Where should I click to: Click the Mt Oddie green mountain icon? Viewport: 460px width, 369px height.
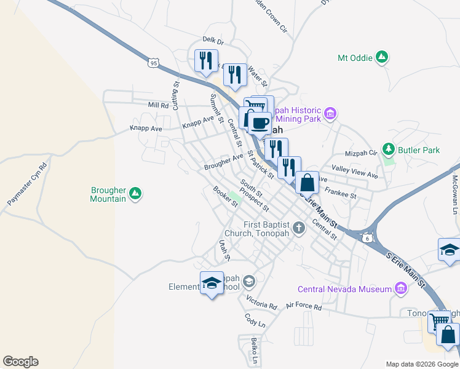pyautogui.click(x=382, y=58)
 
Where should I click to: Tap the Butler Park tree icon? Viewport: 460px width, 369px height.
pyautogui.click(x=388, y=149)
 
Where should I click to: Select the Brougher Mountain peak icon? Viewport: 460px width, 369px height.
pyautogui.click(x=135, y=194)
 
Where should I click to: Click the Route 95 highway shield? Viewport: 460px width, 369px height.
pyautogui.click(x=154, y=61)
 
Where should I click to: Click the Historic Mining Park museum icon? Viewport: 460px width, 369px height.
pyautogui.click(x=331, y=113)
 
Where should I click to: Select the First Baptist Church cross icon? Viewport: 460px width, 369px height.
pyautogui.click(x=299, y=228)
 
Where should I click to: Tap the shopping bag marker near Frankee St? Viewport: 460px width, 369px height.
pyautogui.click(x=307, y=183)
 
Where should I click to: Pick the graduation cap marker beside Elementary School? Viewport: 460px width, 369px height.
pyautogui.click(x=212, y=283)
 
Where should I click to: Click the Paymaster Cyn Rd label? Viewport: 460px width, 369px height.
pyautogui.click(x=27, y=184)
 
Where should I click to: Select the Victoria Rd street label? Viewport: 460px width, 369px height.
pyautogui.click(x=262, y=303)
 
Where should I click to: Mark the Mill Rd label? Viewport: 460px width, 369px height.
pyautogui.click(x=159, y=105)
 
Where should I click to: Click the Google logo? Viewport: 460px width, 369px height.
pyautogui.click(x=20, y=362)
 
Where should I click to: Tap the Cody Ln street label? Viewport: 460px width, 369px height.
pyautogui.click(x=254, y=320)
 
